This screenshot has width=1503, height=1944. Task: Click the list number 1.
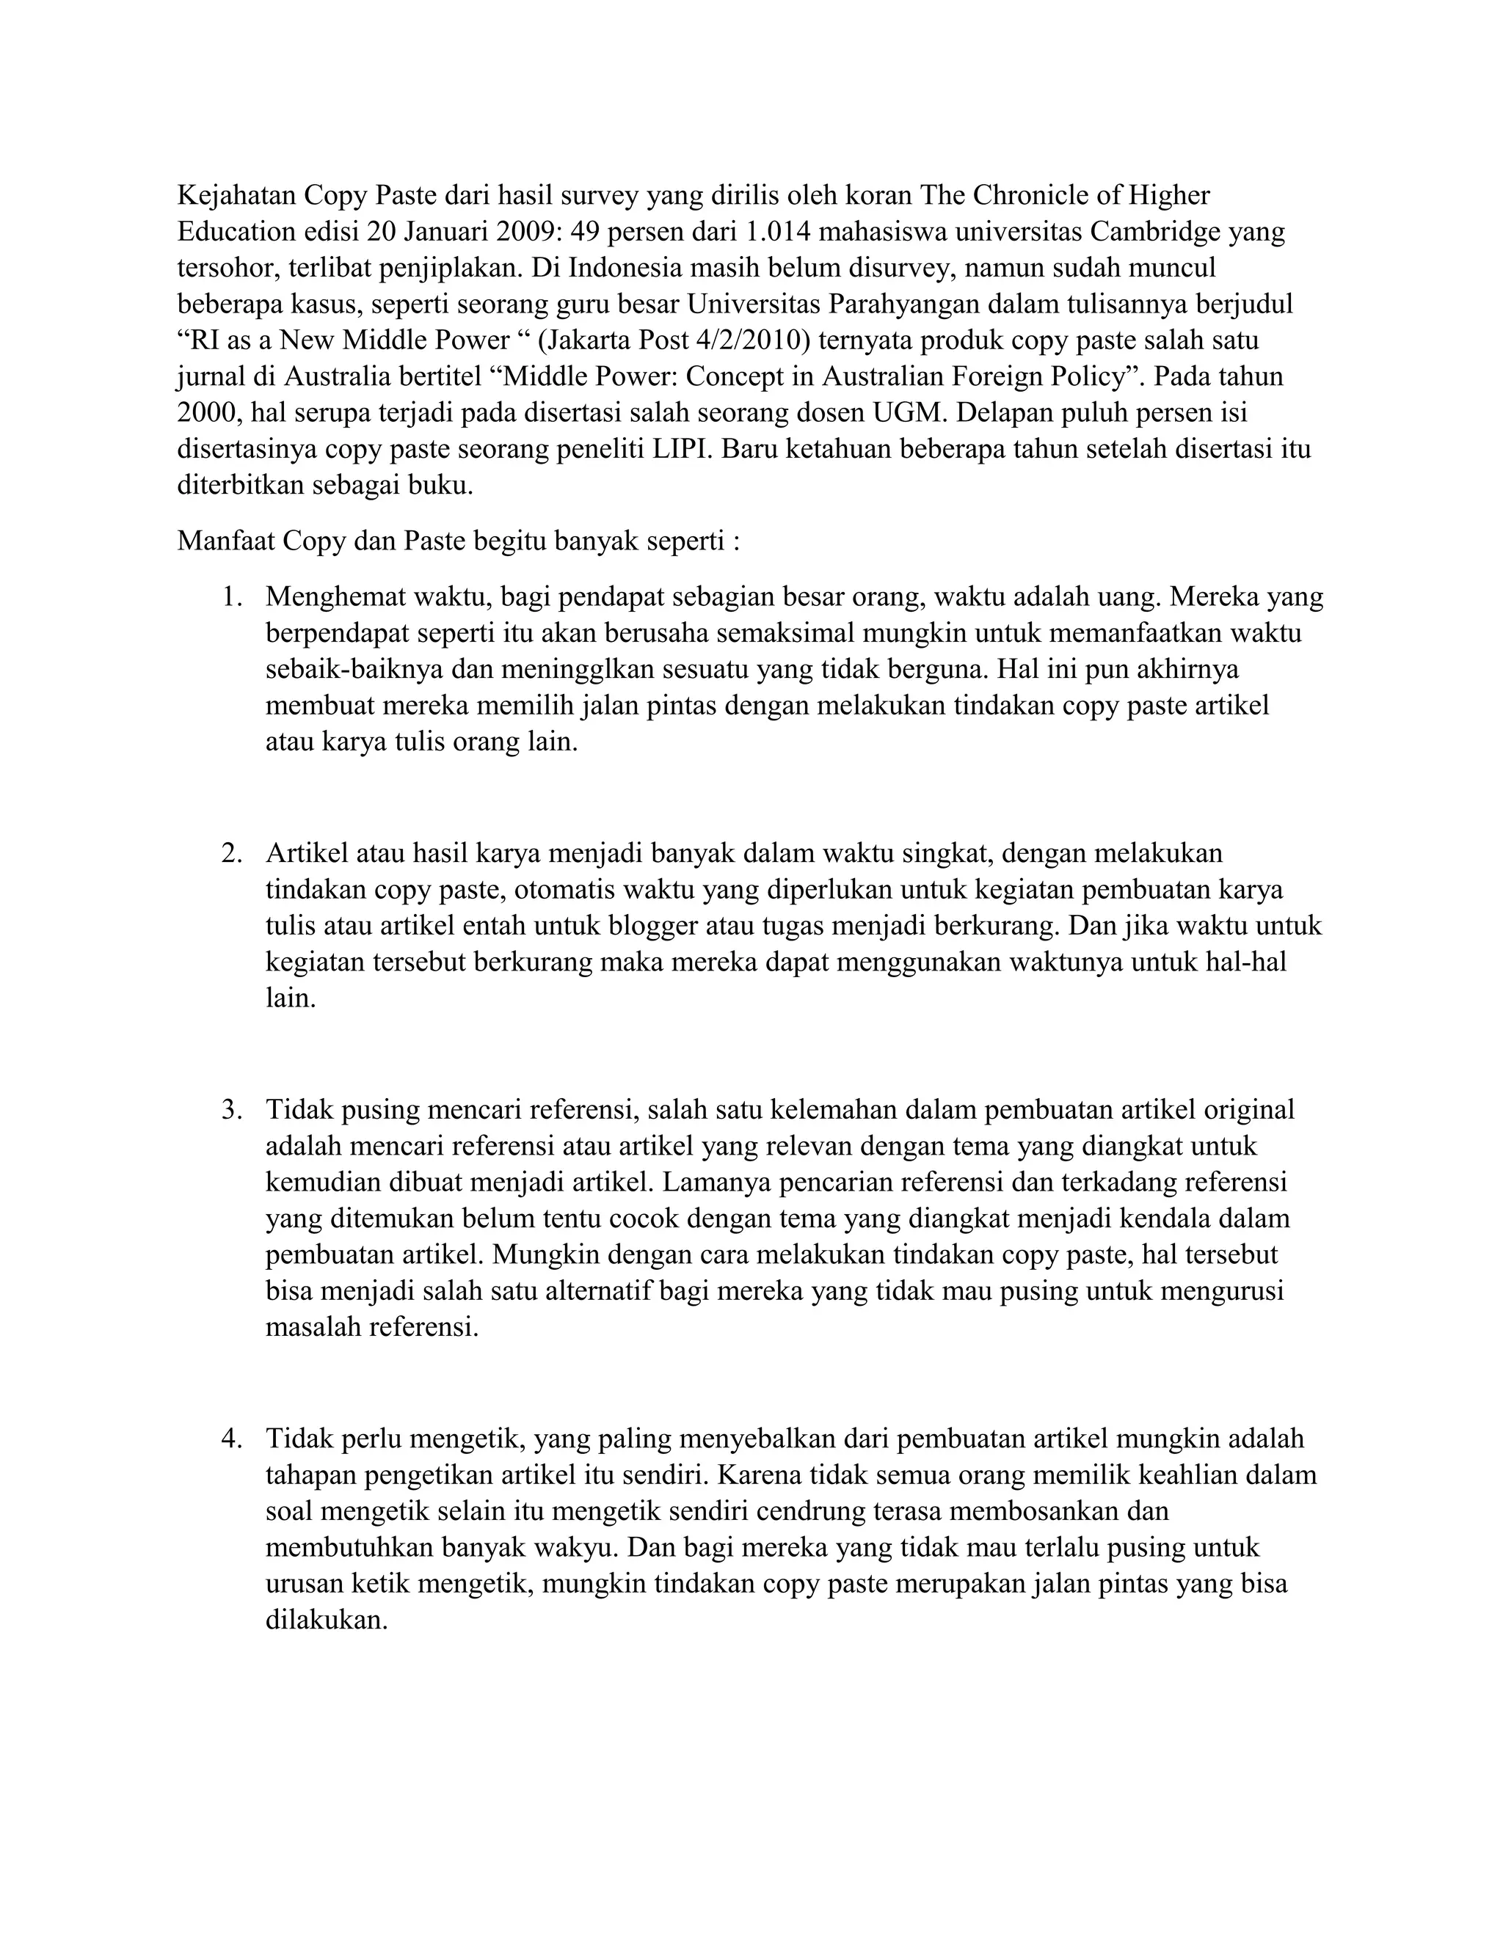(x=233, y=596)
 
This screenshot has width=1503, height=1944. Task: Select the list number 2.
(x=233, y=854)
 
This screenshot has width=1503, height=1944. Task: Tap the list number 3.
(x=233, y=1110)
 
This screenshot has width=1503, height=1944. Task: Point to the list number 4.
(x=233, y=1439)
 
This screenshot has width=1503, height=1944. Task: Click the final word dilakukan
(x=327, y=1622)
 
